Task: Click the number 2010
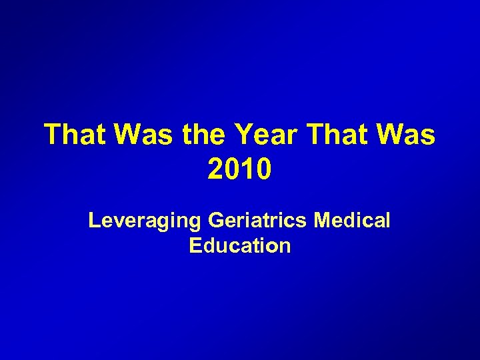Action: [x=239, y=169]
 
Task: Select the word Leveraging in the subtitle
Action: [x=145, y=220]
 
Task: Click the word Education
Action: [x=240, y=245]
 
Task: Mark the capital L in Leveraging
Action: [x=94, y=220]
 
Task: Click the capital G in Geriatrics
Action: [x=217, y=220]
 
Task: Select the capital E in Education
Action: [x=195, y=245]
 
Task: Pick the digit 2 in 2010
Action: [x=216, y=169]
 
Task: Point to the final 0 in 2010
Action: [x=263, y=169]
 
